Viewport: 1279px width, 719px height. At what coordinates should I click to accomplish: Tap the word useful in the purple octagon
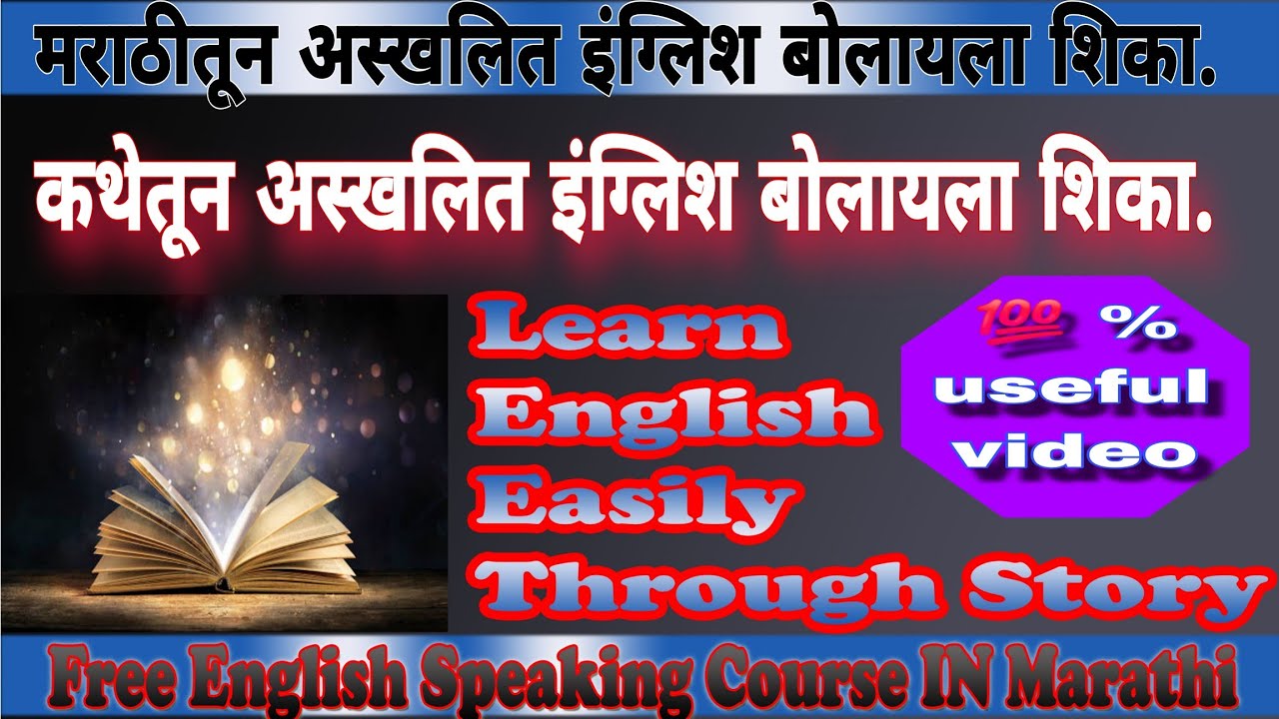click(1077, 387)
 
